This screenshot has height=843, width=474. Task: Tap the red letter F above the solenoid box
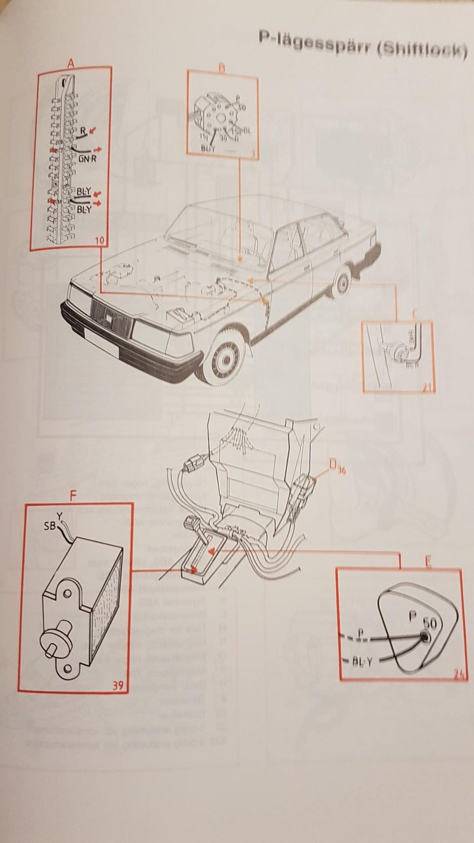pos(73,496)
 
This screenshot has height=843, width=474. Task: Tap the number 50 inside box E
pos(429,623)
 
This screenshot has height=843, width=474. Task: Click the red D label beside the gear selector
pos(333,463)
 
